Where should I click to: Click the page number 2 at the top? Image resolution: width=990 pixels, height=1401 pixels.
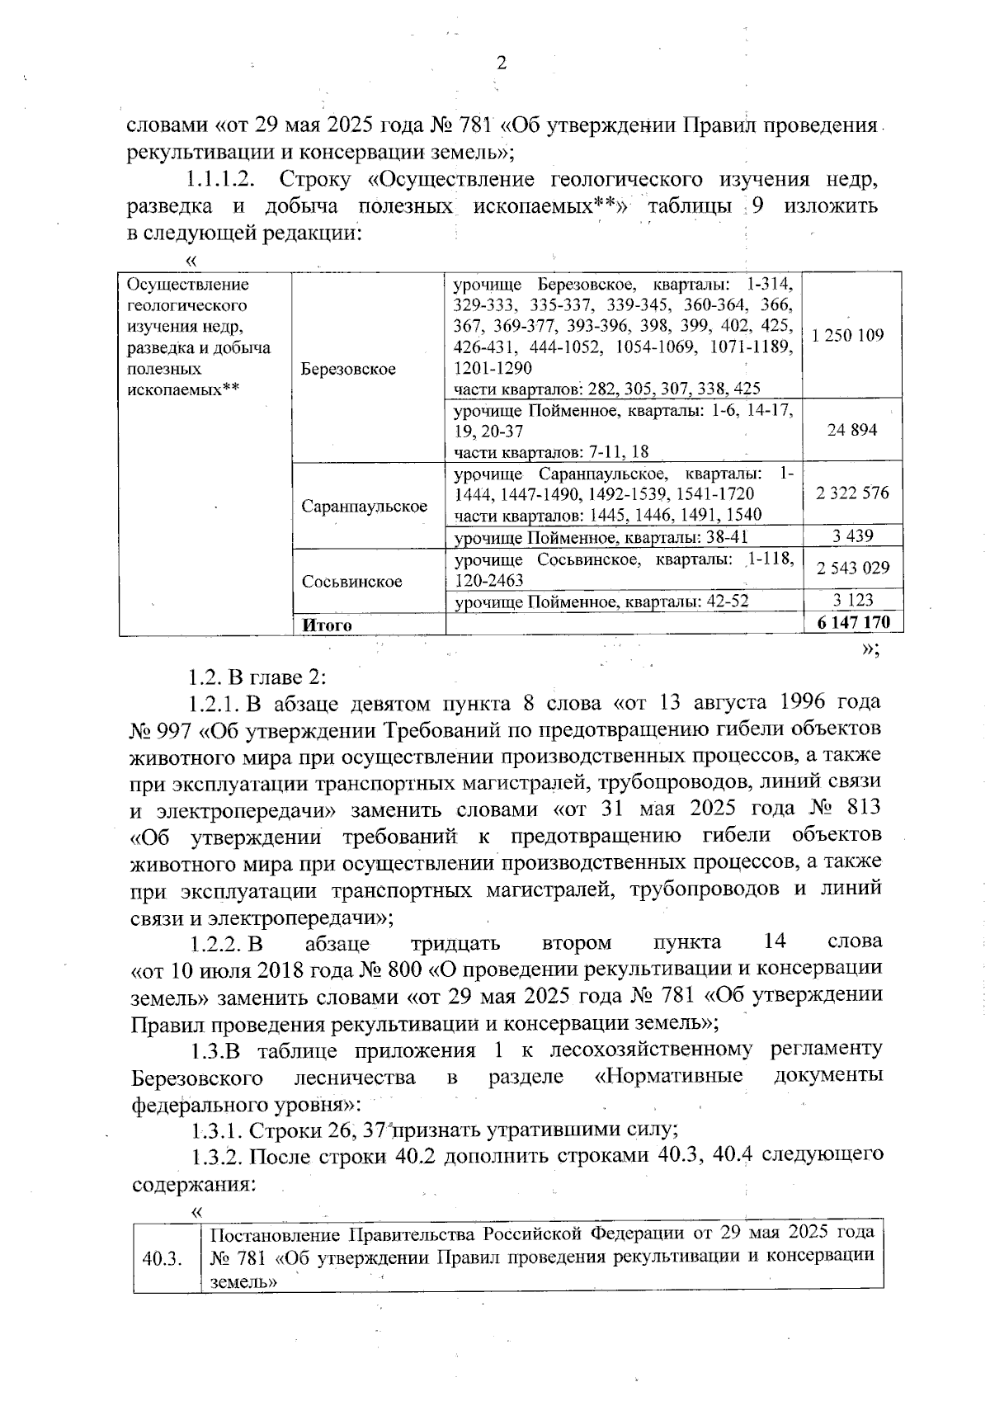[x=501, y=64]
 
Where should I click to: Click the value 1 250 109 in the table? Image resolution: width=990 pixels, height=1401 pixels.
[x=847, y=336]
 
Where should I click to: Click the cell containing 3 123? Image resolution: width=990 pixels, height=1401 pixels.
[x=853, y=601]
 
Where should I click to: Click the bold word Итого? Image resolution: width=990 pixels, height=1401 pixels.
[x=328, y=625]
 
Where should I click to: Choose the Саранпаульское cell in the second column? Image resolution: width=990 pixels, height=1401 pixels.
[x=364, y=506]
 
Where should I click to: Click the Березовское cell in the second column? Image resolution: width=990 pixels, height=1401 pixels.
[x=348, y=369]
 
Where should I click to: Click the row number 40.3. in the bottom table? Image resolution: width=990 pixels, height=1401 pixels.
[x=162, y=1259]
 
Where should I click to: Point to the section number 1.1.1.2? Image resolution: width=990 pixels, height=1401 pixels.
[x=219, y=179]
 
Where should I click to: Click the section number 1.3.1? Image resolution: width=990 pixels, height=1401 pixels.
[x=217, y=1130]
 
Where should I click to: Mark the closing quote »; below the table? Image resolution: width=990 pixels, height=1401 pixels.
[x=870, y=651]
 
